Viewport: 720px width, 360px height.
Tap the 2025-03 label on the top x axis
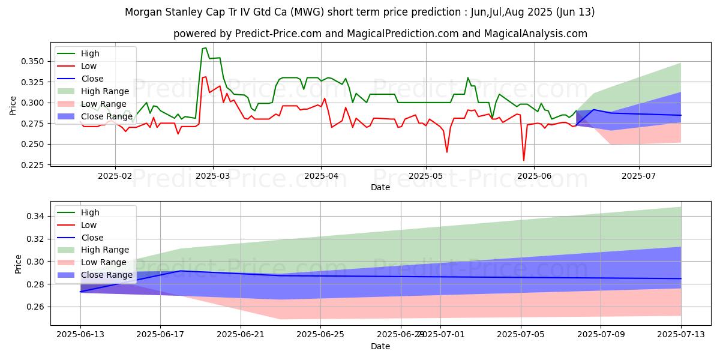pyautogui.click(x=214, y=176)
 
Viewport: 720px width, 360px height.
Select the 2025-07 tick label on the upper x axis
pyautogui.click(x=638, y=176)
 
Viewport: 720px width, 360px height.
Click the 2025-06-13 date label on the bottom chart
pyautogui.click(x=80, y=335)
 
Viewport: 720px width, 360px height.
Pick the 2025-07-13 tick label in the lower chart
pyautogui.click(x=681, y=335)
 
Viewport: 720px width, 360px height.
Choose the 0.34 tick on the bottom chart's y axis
pyautogui.click(x=39, y=216)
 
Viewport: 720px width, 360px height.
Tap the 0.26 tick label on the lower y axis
pyautogui.click(x=39, y=307)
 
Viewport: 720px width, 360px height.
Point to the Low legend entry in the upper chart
pyautogui.click(x=88, y=66)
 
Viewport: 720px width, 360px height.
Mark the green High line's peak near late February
pyautogui.click(x=205, y=48)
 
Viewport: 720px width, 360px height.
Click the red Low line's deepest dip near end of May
pyautogui.click(x=523, y=160)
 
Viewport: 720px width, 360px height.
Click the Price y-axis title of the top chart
pyautogui.click(x=13, y=106)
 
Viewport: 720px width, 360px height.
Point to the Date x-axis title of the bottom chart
pyautogui.click(x=380, y=346)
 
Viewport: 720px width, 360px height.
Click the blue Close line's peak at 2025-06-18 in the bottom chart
pyautogui.click(x=181, y=271)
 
